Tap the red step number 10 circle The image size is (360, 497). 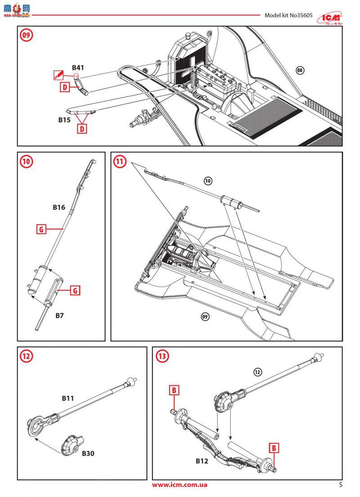[x=26, y=161]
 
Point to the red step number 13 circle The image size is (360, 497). [x=162, y=356]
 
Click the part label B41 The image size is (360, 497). [x=78, y=68]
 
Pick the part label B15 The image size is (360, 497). [x=64, y=120]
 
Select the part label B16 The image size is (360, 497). [x=59, y=207]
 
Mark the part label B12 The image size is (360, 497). [x=202, y=461]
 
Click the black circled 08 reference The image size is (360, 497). [x=300, y=70]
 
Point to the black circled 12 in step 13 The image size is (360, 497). [x=257, y=372]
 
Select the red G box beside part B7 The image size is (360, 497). [x=75, y=290]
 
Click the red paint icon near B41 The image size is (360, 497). [x=58, y=74]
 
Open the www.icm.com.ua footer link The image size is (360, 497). [x=180, y=485]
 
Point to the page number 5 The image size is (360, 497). [x=341, y=484]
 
